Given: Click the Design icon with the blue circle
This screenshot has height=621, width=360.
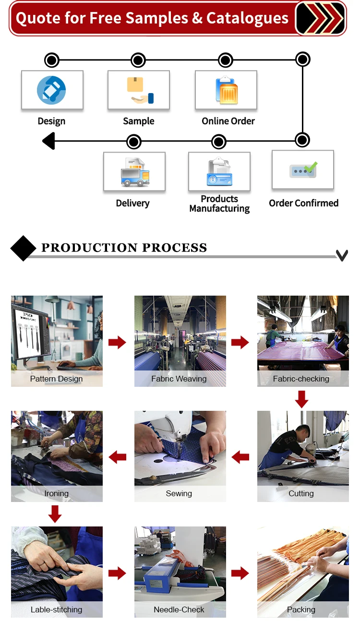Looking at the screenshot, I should [51, 90].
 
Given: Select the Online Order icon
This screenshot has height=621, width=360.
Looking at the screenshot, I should [227, 90].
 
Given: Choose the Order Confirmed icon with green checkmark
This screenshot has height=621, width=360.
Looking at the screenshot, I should [303, 170].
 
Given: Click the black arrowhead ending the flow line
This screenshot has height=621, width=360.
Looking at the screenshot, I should [48, 142].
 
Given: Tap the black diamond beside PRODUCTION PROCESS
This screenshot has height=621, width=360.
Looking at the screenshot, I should [23, 248].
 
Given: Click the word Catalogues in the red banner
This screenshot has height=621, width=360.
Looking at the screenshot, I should [247, 18].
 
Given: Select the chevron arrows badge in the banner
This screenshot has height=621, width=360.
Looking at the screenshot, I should [320, 18].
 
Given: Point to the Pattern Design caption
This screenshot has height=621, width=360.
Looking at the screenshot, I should [56, 379].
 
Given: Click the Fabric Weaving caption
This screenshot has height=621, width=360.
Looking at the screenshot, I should [179, 379].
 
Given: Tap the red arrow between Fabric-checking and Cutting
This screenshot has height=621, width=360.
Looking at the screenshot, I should [301, 399].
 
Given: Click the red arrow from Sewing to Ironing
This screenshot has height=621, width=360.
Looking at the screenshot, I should [118, 457].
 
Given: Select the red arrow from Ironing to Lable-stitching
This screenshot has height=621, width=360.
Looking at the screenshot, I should [55, 514].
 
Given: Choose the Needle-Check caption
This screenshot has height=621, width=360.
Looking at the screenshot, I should [179, 609].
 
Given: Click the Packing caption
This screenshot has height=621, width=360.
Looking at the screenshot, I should [301, 609].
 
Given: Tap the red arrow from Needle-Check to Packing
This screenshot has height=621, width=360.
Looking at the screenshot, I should [240, 573].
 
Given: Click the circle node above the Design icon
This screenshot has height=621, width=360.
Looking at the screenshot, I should [51, 60].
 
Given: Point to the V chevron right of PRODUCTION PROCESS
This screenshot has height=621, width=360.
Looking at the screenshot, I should [342, 255].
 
